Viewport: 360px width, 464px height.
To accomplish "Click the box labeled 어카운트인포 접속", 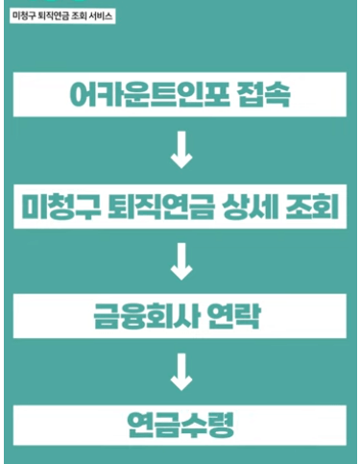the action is coord(180,95).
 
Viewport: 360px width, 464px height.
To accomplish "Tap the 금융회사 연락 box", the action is coord(180,316).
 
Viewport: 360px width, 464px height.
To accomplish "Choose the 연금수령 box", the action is coord(180,423).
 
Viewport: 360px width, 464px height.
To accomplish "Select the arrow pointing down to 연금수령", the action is coord(180,371).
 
